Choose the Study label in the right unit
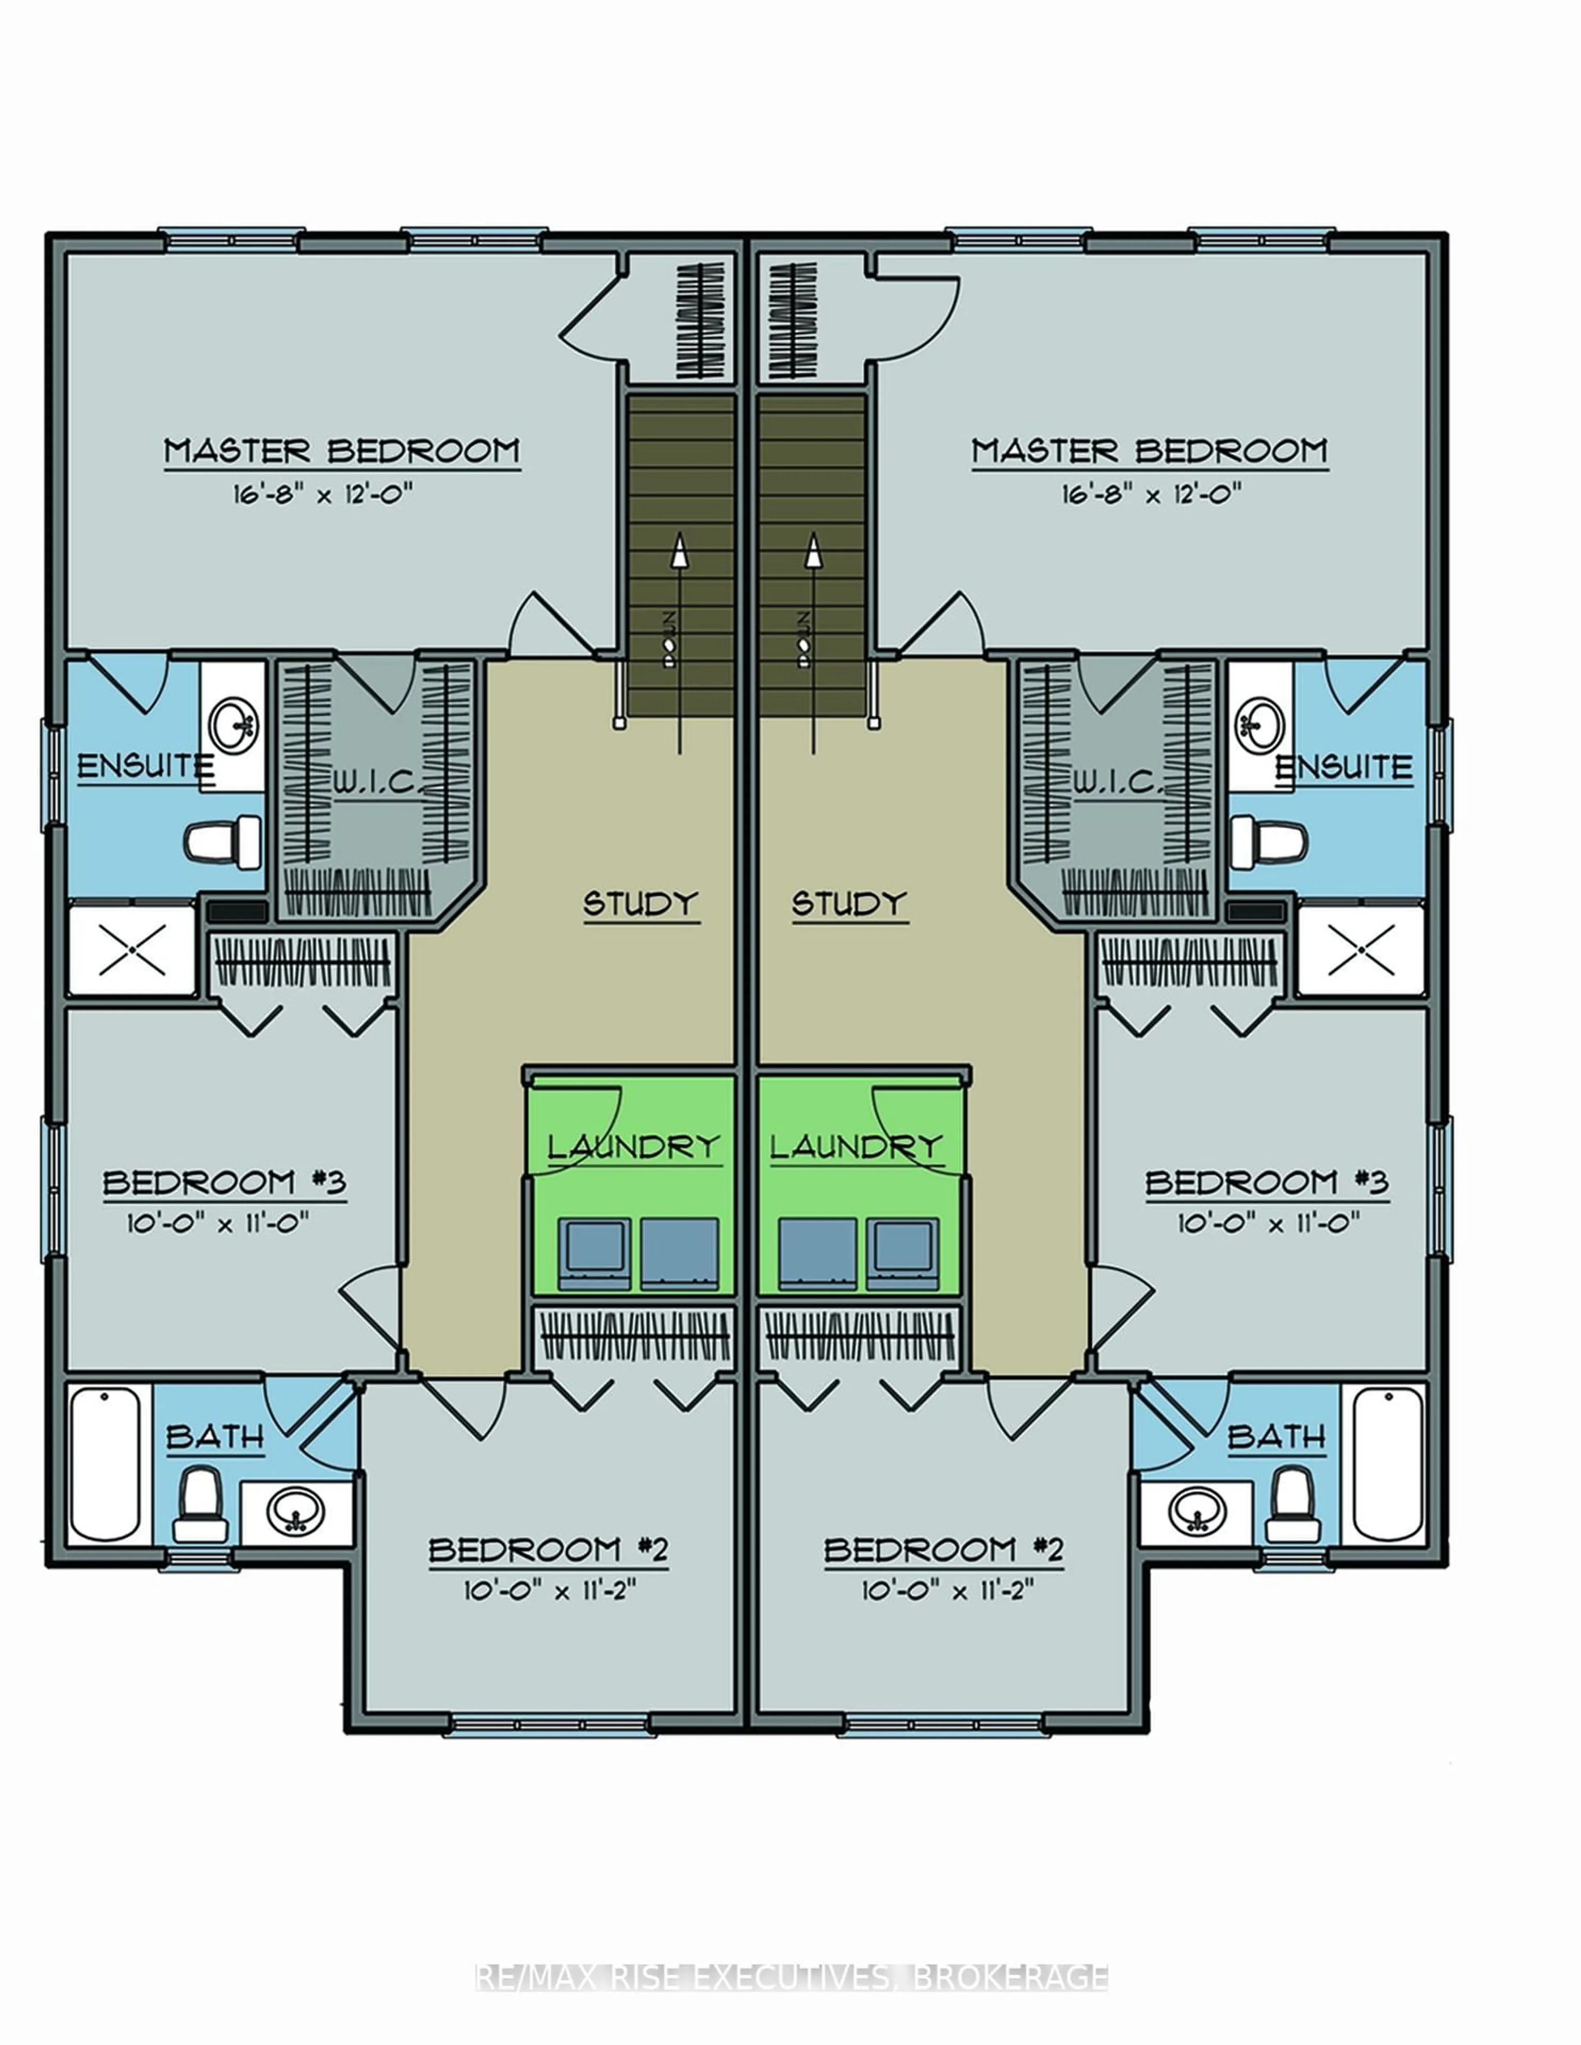849,904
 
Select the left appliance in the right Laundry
817,1253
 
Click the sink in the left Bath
296,1510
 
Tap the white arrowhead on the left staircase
680,550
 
